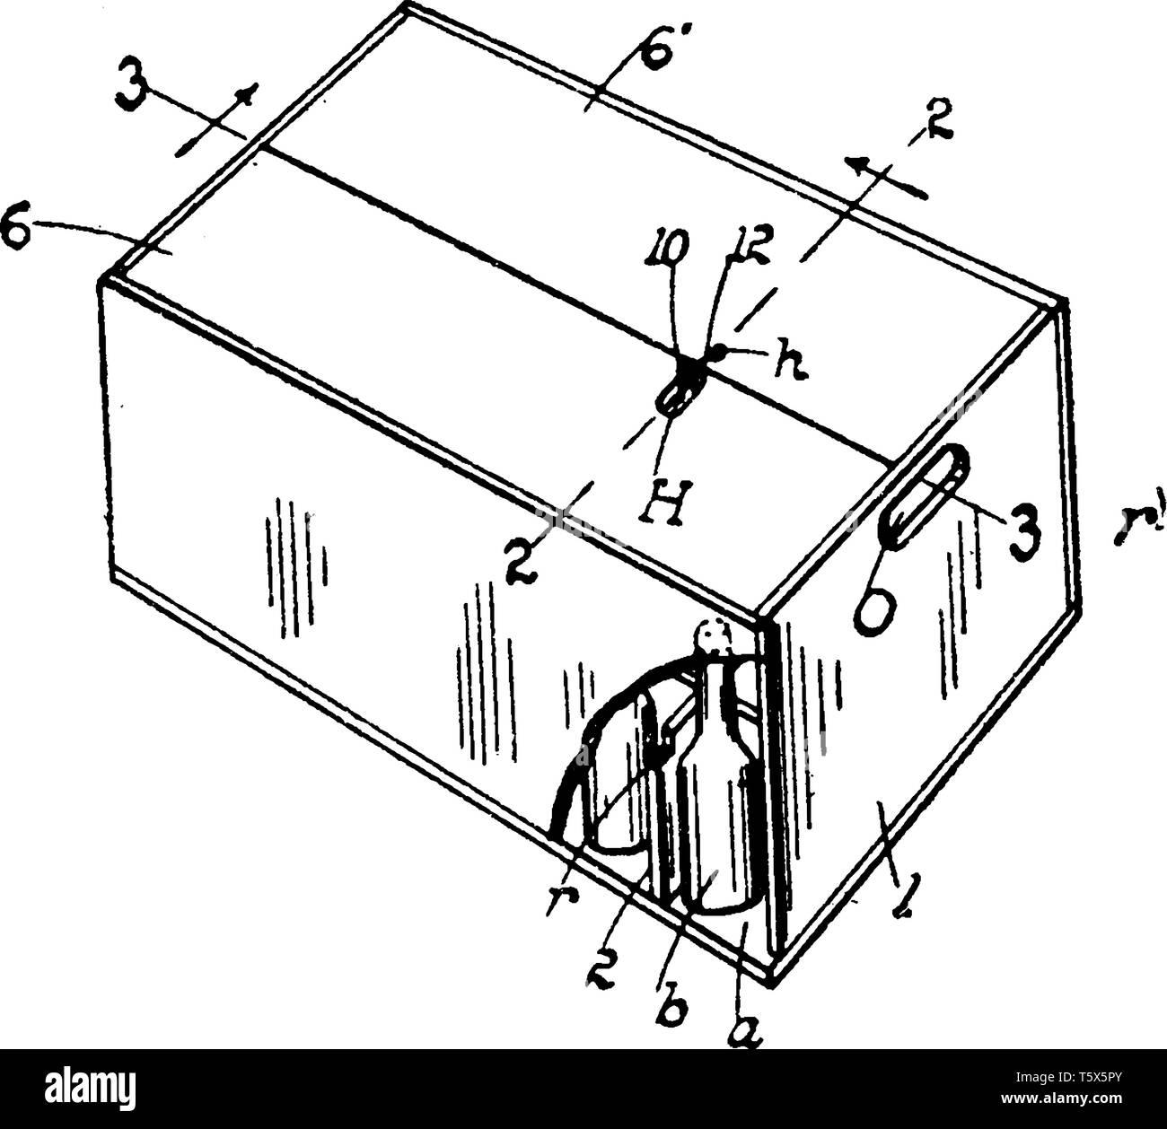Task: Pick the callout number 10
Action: coord(673,246)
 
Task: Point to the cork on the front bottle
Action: coord(714,639)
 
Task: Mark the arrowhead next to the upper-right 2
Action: coord(860,164)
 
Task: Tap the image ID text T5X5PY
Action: coord(1100,1076)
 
